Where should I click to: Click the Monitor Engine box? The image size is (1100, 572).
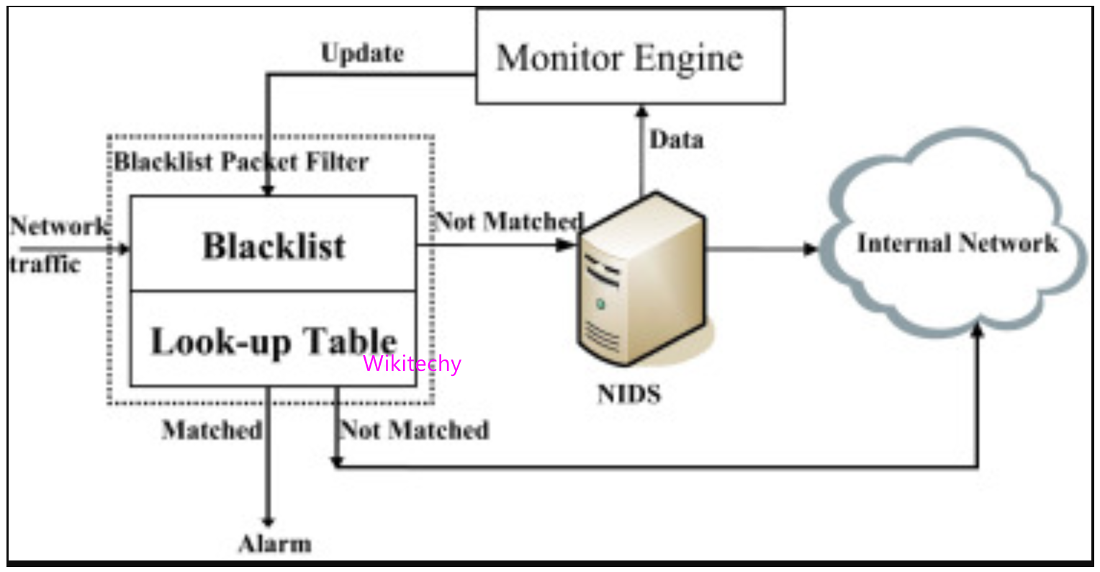(x=630, y=57)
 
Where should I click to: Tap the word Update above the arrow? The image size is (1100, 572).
(x=362, y=53)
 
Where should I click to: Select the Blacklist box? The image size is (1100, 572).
(x=273, y=244)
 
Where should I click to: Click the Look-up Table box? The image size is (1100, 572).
(x=273, y=340)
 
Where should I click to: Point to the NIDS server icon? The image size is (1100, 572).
(x=641, y=281)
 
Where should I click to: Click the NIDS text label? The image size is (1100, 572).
(x=628, y=393)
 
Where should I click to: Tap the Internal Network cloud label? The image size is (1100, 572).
(x=957, y=243)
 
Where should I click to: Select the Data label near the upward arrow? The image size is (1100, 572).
(x=676, y=140)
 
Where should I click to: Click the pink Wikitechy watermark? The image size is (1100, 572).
(x=412, y=364)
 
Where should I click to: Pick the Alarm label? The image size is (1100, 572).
(x=275, y=544)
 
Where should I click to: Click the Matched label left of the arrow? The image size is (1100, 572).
(x=212, y=430)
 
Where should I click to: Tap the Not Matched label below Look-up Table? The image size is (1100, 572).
(x=415, y=430)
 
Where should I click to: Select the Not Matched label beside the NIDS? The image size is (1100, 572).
(x=509, y=221)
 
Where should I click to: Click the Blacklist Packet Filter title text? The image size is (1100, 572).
(x=241, y=161)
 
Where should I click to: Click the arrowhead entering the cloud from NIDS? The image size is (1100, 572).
(x=811, y=249)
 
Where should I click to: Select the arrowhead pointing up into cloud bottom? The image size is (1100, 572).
(x=977, y=330)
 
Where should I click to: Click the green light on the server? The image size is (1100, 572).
(x=600, y=305)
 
